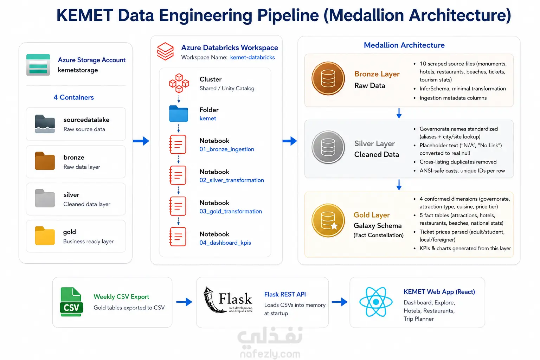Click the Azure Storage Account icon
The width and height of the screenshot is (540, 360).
point(38,65)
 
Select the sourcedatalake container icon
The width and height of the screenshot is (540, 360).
point(45,124)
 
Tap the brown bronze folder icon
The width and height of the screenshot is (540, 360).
point(45,161)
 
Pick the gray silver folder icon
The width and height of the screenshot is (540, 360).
point(45,198)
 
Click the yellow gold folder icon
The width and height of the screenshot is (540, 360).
point(45,236)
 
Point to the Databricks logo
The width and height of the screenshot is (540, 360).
point(165,51)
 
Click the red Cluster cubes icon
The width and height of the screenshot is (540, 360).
point(179,83)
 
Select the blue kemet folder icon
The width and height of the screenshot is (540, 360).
point(178,114)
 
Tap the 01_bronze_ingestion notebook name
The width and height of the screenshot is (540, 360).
point(227,149)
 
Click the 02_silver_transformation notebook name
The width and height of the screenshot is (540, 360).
point(232,180)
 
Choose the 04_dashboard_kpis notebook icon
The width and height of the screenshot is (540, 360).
point(178,237)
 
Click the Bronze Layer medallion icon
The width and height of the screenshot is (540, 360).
point(328,78)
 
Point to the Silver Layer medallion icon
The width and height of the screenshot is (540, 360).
point(328,147)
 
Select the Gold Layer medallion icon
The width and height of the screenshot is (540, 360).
point(328,220)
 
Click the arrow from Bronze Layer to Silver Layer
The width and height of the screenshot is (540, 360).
point(399,113)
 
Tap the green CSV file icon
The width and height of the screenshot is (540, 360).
point(71,302)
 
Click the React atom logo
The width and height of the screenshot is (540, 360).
point(376,302)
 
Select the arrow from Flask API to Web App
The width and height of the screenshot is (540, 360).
point(340,302)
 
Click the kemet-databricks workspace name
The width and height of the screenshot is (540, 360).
point(252,57)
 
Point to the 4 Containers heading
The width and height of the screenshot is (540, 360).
point(73,97)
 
